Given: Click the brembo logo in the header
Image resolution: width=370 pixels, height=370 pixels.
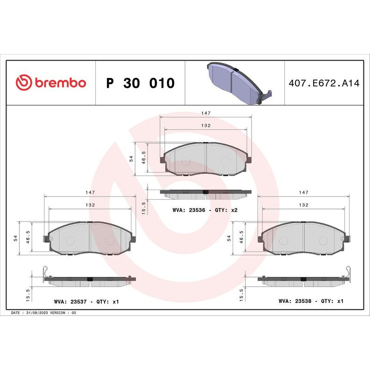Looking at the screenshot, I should click(51, 83).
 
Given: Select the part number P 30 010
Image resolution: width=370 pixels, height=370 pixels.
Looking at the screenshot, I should click(140, 83).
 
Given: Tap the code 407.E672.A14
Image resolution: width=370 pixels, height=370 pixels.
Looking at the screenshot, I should click(323, 83).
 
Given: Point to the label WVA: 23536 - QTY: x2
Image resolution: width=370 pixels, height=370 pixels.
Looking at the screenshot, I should click(205, 210).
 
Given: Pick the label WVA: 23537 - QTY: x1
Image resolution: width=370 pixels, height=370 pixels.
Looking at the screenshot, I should click(86, 302).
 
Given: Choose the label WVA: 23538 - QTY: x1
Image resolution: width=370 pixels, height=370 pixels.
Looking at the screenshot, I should click(311, 301).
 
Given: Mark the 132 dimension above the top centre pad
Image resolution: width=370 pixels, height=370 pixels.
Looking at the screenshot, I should click(206, 125).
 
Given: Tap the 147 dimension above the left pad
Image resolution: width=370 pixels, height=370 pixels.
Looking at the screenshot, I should click(90, 192).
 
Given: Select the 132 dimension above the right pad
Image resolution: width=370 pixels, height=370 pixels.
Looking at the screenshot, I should click(303, 204).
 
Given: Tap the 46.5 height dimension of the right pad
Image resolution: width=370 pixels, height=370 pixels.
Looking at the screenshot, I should click(241, 238).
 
